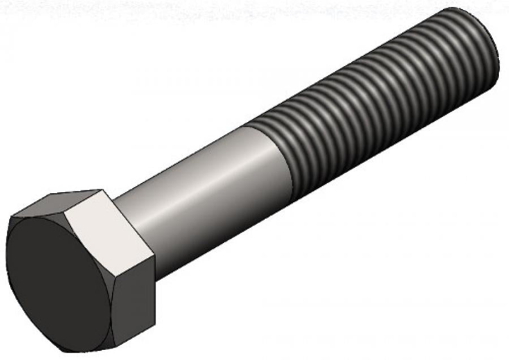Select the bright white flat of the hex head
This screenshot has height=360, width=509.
[107, 237]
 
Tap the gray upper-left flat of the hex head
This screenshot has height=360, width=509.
[62, 203]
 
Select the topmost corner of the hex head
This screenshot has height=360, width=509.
[102, 190]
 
